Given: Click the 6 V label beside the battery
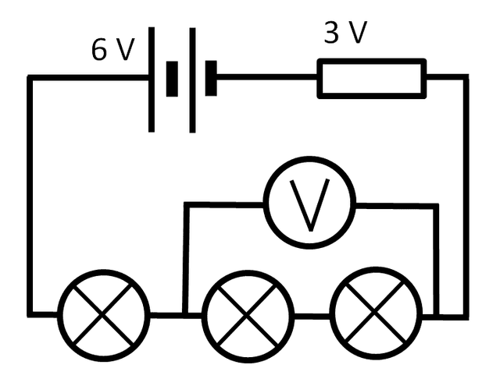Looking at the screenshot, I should (112, 50).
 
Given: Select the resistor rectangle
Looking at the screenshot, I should (372, 79).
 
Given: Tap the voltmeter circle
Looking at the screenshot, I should (309, 204).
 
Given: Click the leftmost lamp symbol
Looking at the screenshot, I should (105, 314).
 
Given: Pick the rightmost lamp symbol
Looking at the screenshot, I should (376, 314).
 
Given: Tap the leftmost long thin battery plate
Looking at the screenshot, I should (152, 78).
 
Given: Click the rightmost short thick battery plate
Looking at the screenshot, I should (211, 78).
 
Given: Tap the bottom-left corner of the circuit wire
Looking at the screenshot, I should (30, 315).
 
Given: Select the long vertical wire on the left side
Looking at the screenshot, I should (30, 195).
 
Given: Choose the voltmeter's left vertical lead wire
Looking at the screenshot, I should (185, 257).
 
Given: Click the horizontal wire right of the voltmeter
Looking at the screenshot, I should (395, 205).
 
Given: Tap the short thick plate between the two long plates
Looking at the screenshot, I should (172, 78).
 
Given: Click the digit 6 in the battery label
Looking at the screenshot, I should (100, 50).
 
